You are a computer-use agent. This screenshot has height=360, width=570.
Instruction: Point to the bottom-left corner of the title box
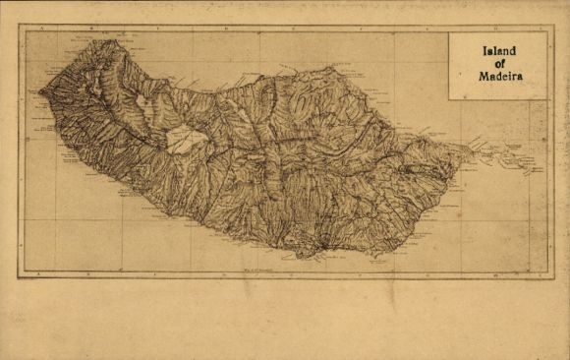click(x=449, y=99)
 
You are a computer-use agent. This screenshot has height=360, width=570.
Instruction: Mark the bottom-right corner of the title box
click(x=548, y=99)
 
